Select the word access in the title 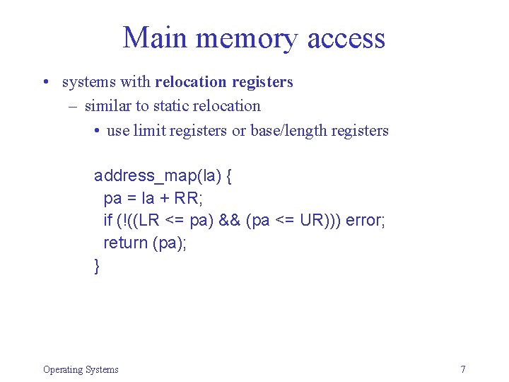click(346, 39)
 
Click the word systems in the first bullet click(89, 82)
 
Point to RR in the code click(190, 198)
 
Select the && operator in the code click(229, 221)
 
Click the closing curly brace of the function click(97, 266)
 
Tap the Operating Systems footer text click(81, 369)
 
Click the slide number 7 click(463, 369)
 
